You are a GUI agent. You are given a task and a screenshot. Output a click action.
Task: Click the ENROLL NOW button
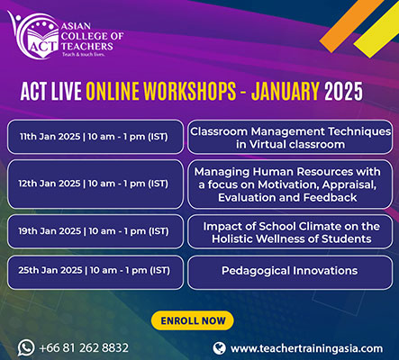pyautogui.click(x=192, y=320)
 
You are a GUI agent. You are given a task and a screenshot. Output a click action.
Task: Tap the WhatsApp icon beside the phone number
pyautogui.click(x=26, y=347)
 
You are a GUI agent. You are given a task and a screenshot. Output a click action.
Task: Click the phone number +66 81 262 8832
pyautogui.click(x=84, y=348)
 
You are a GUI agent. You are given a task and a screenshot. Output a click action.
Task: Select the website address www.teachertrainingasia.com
pyautogui.click(x=306, y=348)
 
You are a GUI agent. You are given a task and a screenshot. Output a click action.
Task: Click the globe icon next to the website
pyautogui.click(x=219, y=348)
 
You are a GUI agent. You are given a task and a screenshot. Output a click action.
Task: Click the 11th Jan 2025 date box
pyautogui.click(x=95, y=137)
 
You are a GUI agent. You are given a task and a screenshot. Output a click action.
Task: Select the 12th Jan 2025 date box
pyautogui.click(x=95, y=184)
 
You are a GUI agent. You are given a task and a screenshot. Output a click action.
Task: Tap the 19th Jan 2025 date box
pyautogui.click(x=95, y=231)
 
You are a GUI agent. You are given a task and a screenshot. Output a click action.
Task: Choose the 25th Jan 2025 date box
pyautogui.click(x=95, y=271)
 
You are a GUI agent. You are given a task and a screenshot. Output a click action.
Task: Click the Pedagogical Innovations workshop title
pyautogui.click(x=290, y=271)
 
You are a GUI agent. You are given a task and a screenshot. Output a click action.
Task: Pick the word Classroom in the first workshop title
pyautogui.click(x=219, y=131)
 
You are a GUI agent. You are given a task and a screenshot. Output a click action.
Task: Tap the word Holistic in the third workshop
pyautogui.click(x=231, y=238)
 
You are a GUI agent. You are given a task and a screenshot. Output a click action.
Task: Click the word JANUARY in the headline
pyautogui.click(x=286, y=91)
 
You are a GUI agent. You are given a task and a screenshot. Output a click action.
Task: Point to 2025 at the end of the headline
pyautogui.click(x=343, y=91)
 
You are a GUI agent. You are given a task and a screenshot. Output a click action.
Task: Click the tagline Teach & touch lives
pyautogui.click(x=83, y=55)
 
